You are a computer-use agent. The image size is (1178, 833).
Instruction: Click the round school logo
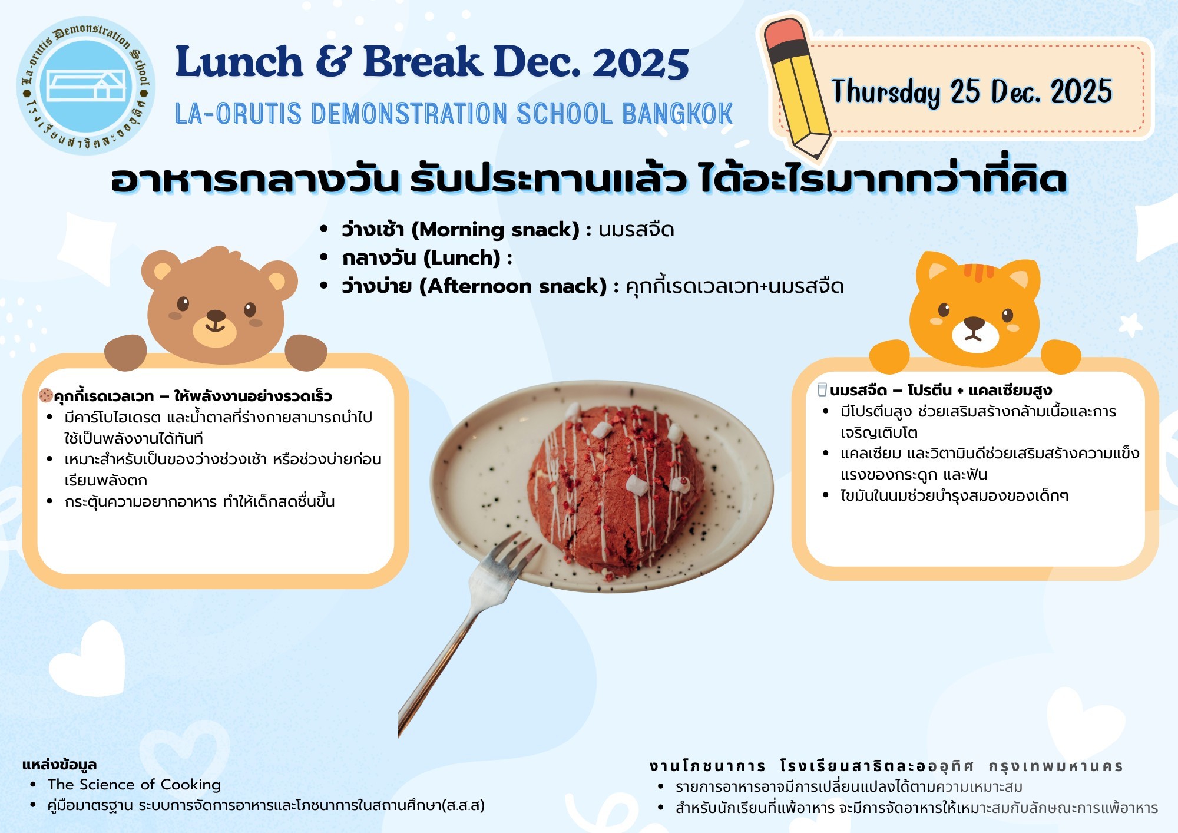pos(86,86)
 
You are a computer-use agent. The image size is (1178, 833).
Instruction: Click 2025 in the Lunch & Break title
pos(641,62)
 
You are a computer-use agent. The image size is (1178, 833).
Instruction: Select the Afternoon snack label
pos(513,286)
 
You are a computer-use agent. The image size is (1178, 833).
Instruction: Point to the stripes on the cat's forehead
pos(979,272)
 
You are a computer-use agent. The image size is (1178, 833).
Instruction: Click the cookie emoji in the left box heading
pos(45,395)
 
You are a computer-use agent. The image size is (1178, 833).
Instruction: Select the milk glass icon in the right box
pos(822,389)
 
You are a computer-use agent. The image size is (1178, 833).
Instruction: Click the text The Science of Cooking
pos(134,785)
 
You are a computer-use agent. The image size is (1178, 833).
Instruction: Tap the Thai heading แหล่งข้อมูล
pos(59,765)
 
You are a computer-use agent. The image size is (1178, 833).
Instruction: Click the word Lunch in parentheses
pos(462,257)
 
